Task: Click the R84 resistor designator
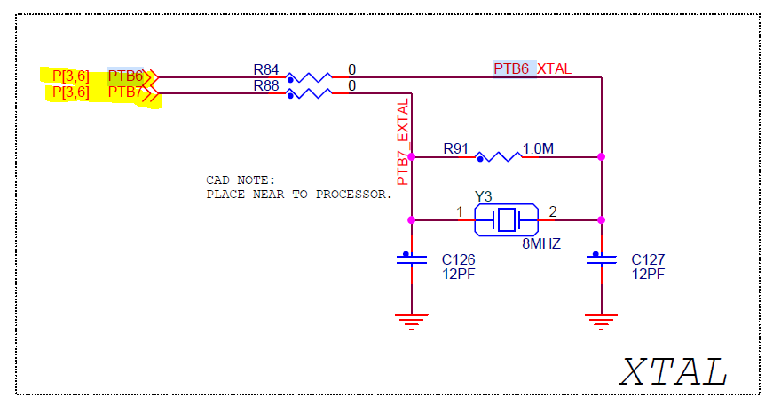pyautogui.click(x=265, y=68)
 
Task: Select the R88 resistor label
pyautogui.click(x=265, y=85)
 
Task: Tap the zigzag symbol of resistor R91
pyautogui.click(x=497, y=156)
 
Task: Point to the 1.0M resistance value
pyautogui.click(x=539, y=148)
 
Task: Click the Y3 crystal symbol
pyautogui.click(x=506, y=219)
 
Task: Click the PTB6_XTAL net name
pyautogui.click(x=532, y=68)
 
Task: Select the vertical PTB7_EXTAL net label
pyautogui.click(x=404, y=141)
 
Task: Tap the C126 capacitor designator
pyautogui.click(x=459, y=259)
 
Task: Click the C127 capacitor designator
pyautogui.click(x=648, y=259)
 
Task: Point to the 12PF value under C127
pyautogui.click(x=648, y=274)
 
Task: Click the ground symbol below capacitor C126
pyautogui.click(x=412, y=322)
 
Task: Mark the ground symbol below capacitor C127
pyautogui.click(x=602, y=322)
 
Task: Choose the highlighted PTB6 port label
pyautogui.click(x=125, y=76)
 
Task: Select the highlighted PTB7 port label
pyautogui.click(x=125, y=92)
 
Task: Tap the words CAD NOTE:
pyautogui.click(x=241, y=179)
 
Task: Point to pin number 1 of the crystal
pyautogui.click(x=460, y=211)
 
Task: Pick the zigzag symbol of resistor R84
pyautogui.click(x=310, y=76)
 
